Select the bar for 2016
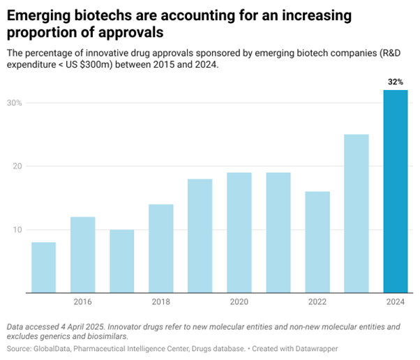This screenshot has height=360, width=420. coord(82,255)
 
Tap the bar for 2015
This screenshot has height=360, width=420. coord(43,267)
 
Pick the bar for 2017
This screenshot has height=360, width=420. coord(121,261)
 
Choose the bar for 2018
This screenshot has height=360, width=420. coord(160,248)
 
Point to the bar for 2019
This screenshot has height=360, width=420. coord(200,236)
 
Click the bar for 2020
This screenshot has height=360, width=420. coord(239,232)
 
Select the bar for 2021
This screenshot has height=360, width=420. coord(278,232)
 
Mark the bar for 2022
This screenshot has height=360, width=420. coord(317,242)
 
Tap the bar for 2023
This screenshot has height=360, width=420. coord(356,213)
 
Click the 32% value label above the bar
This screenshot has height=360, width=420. coord(396,82)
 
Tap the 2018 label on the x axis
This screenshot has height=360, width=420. coord(160,302)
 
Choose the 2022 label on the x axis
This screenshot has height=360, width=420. coord(317,302)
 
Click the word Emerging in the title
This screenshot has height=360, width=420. coord(39,15)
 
